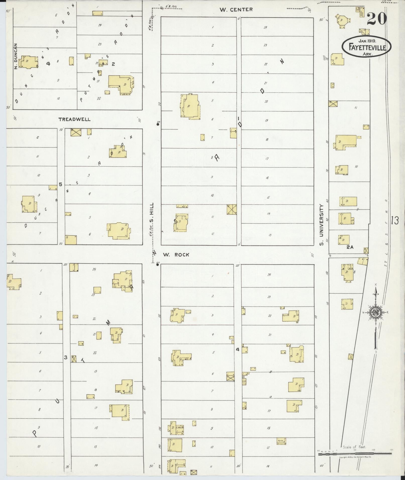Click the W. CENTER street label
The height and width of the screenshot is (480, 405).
[236, 10]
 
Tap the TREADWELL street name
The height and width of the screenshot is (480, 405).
[74, 119]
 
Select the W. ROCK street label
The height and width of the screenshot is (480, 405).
[176, 255]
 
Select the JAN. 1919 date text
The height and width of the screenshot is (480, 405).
[367, 40]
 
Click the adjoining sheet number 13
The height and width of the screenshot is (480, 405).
[394, 221]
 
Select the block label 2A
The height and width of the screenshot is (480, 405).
[350, 247]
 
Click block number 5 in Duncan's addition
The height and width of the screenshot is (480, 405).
[60, 184]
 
